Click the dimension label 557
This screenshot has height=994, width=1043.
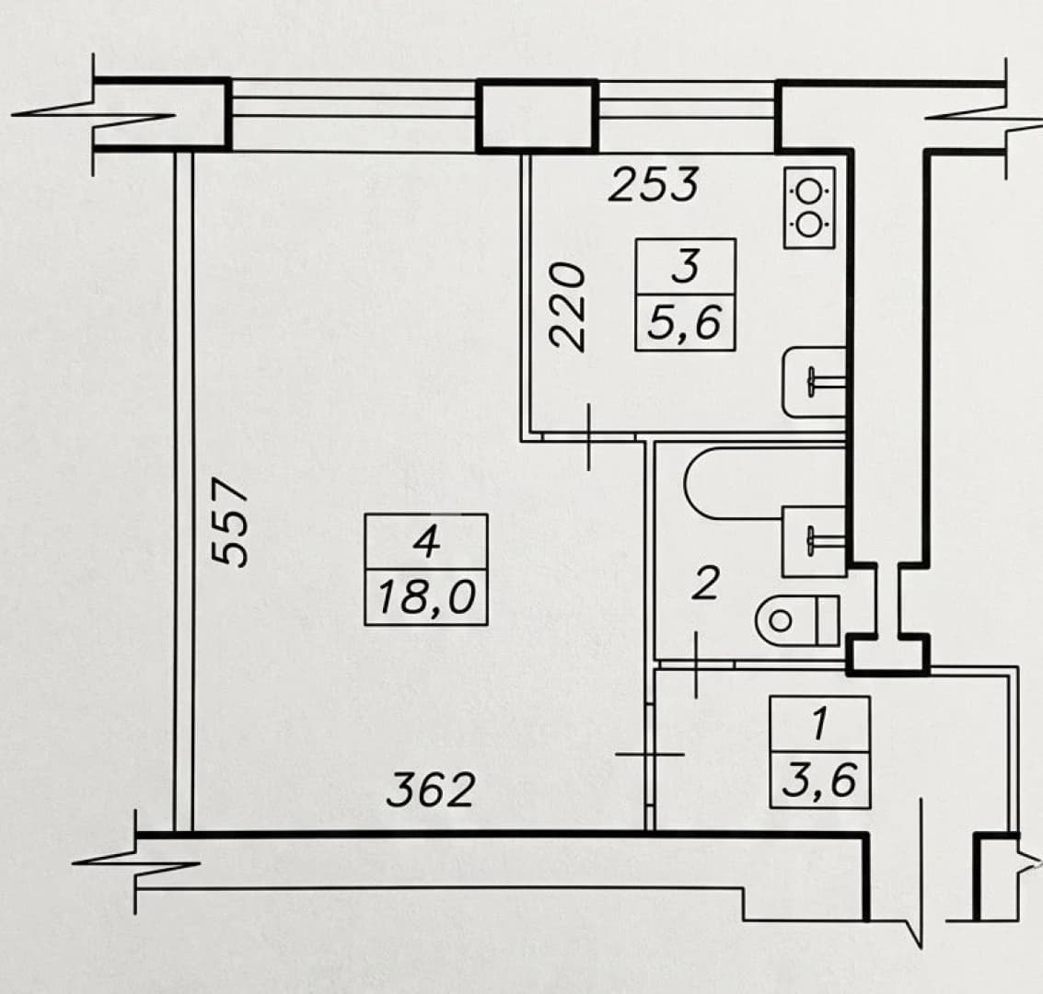229,521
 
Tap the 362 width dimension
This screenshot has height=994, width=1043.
431,790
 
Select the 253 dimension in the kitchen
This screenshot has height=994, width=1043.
654,184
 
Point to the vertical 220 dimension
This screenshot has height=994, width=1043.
567,306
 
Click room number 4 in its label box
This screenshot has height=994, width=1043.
426,542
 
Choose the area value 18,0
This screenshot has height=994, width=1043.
426,597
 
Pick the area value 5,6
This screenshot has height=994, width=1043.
685,322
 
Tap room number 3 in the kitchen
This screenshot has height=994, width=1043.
686,266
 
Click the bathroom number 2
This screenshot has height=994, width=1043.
705,583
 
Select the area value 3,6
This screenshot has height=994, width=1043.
819,780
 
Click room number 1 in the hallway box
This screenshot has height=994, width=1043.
819,724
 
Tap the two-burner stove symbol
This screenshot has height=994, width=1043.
809,208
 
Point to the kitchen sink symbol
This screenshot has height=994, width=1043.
814,382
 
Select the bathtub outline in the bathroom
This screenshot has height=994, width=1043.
765,483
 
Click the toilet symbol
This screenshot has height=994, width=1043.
797,621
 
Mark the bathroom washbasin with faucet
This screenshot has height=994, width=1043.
814,541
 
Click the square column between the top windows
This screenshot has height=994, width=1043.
537,116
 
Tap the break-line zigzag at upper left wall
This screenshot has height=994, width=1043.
93,114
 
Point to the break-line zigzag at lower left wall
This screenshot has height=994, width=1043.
135,863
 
